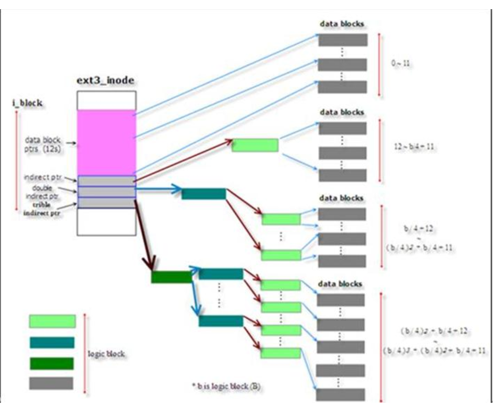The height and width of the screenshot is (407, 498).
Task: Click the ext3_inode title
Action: [106, 81]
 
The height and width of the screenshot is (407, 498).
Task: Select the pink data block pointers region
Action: [106, 143]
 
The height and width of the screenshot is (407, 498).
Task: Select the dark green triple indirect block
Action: [171, 277]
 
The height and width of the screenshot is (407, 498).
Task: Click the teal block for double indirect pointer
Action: [204, 194]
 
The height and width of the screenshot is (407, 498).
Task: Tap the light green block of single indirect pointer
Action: [255, 146]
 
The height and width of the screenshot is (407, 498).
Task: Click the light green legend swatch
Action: [52, 321]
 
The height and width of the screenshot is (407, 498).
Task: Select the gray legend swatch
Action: [51, 383]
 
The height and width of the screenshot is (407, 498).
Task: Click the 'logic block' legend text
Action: [109, 354]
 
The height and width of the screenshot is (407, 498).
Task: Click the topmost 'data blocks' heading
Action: [342, 24]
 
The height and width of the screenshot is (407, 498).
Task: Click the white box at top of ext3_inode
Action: [106, 101]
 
